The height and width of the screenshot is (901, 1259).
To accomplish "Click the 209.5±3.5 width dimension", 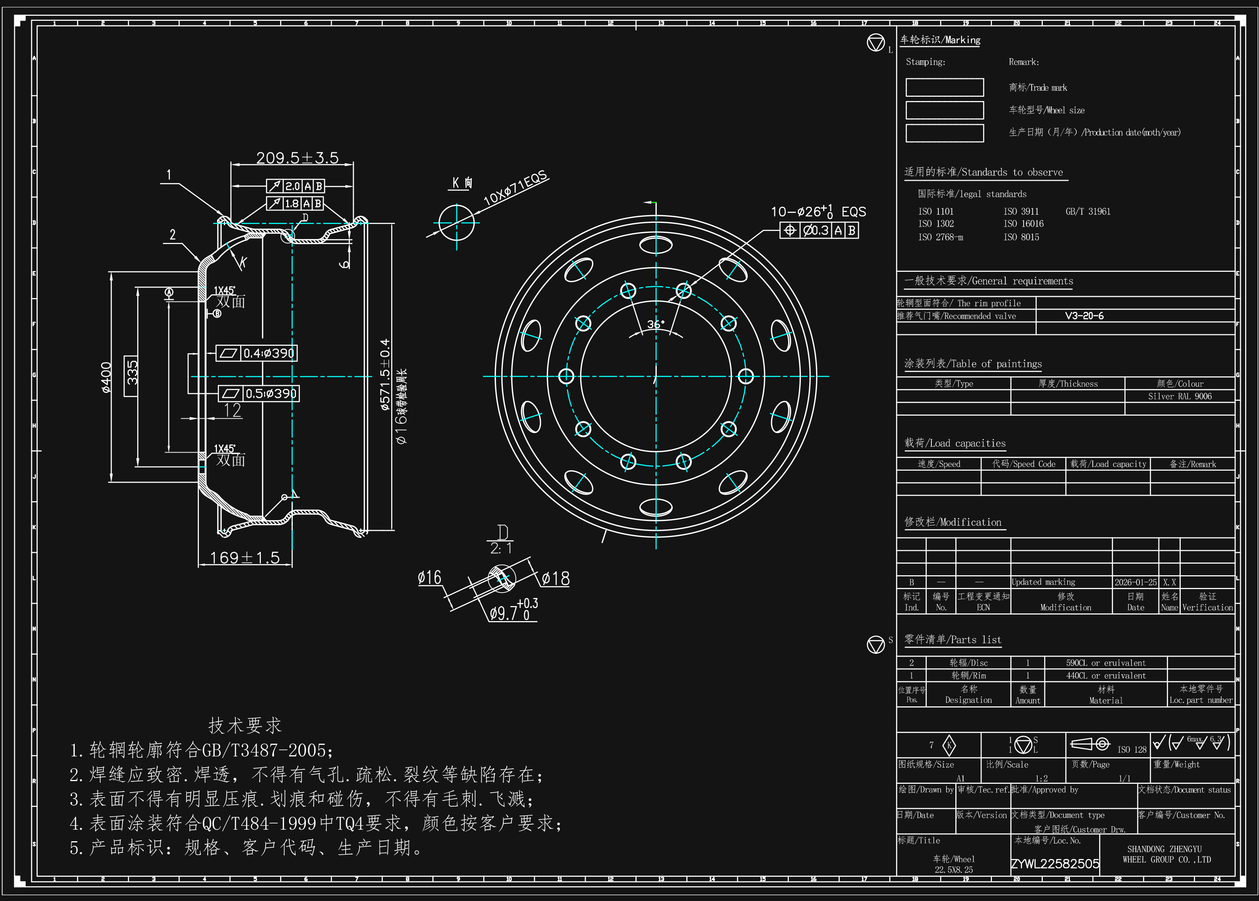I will click(x=297, y=158).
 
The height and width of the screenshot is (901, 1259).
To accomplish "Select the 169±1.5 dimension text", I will click(x=245, y=557).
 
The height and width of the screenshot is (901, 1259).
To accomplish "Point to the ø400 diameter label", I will click(x=106, y=377).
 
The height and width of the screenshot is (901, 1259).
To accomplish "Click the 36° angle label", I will click(x=656, y=324).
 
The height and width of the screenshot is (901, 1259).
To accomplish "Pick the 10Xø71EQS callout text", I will click(x=515, y=189).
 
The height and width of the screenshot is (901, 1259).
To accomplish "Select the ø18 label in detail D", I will click(x=555, y=579).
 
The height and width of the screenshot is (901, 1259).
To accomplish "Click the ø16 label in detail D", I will click(x=429, y=578).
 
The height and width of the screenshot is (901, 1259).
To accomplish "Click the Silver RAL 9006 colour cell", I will click(x=1179, y=396).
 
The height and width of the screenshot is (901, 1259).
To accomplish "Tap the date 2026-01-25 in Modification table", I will click(x=1135, y=583).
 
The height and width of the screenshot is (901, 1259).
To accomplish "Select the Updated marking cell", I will click(x=1043, y=583).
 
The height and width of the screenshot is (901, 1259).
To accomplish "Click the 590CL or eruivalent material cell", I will click(x=1105, y=663).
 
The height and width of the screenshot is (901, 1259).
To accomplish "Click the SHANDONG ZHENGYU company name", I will click(x=1164, y=849).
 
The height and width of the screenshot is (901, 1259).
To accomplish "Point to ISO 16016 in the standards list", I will click(x=1023, y=224).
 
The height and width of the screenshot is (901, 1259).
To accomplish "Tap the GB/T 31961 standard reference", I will click(x=1088, y=211).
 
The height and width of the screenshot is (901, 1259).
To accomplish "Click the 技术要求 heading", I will click(x=245, y=726).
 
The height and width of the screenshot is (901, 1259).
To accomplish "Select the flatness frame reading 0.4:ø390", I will click(x=269, y=354).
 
